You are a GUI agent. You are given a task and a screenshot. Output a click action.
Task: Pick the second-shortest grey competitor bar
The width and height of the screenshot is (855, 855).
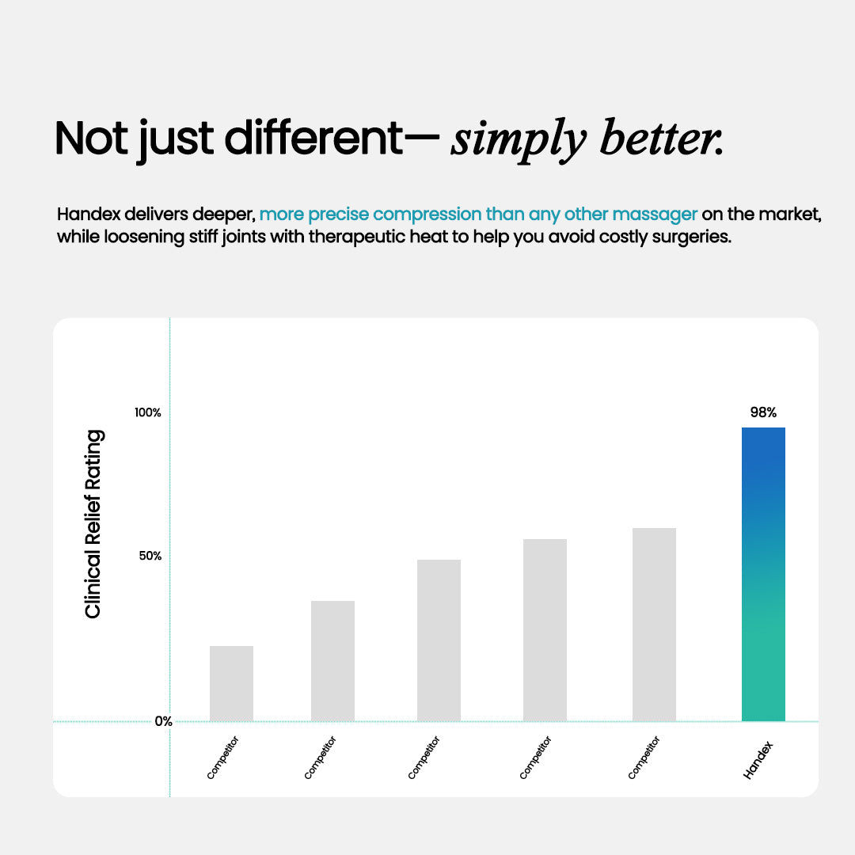coord(332,660)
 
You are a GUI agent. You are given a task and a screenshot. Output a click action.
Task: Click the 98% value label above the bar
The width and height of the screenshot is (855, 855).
coord(763,412)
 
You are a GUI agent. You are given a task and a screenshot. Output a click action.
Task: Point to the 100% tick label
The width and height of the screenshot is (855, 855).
coord(147,412)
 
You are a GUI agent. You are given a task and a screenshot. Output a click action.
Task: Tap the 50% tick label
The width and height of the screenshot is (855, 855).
coord(150,556)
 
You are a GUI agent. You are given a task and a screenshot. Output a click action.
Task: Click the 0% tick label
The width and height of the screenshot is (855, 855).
coord(163,721)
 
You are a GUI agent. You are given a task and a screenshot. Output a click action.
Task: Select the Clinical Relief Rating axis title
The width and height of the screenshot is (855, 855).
coord(93,524)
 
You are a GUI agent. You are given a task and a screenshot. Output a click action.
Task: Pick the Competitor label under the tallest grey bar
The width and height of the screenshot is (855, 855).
coord(644,758)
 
